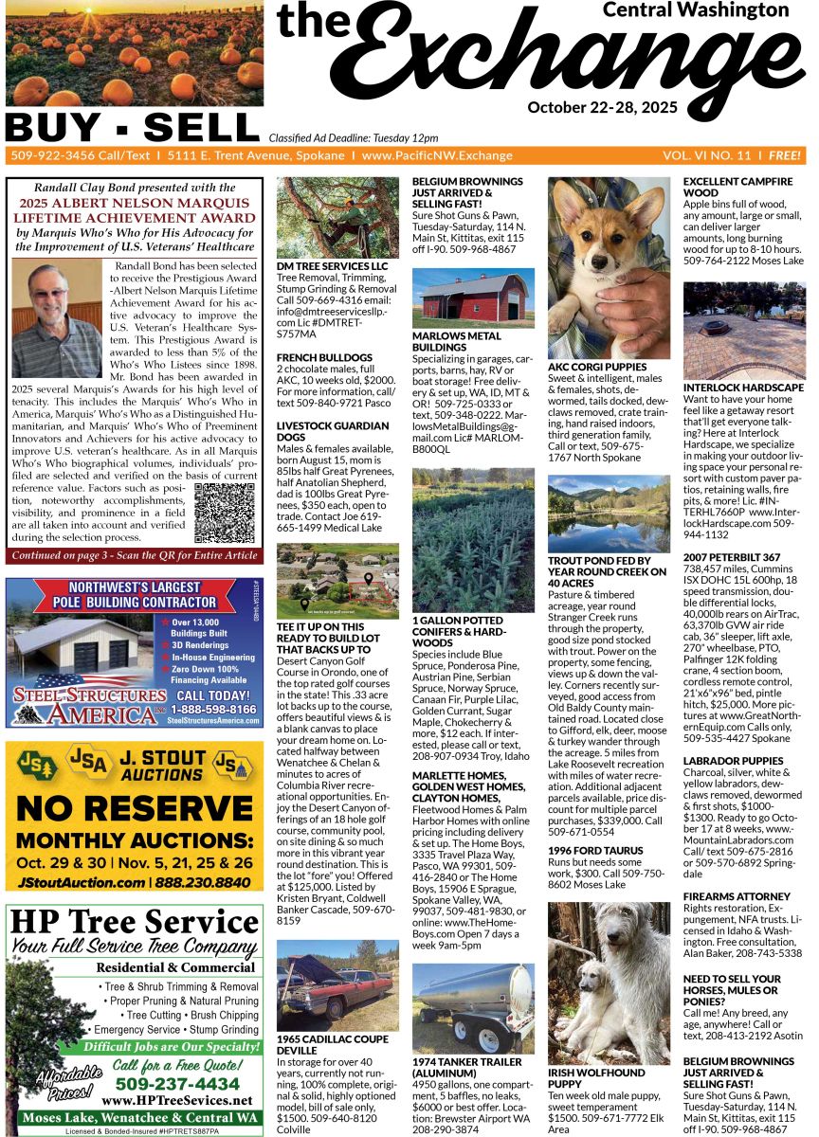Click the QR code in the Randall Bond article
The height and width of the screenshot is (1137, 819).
pyautogui.click(x=225, y=513)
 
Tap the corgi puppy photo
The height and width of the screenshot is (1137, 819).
pyautogui.click(x=609, y=266)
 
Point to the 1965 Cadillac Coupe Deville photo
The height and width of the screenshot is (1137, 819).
pyautogui.click(x=337, y=985)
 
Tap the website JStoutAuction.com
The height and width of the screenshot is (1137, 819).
pyautogui.click(x=79, y=881)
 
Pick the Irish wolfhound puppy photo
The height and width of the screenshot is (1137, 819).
pyautogui.click(x=609, y=982)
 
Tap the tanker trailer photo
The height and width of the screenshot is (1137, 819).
pyautogui.click(x=473, y=1007)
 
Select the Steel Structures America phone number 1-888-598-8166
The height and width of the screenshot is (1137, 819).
pyautogui.click(x=215, y=709)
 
